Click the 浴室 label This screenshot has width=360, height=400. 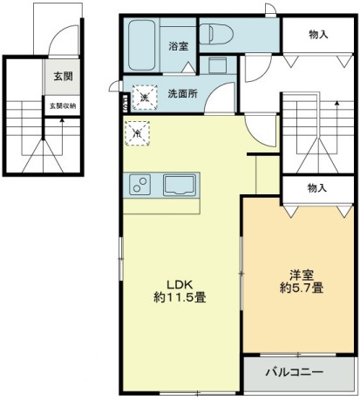(177, 45)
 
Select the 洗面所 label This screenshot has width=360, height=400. (183, 92)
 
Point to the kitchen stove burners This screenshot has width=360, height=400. (139, 185)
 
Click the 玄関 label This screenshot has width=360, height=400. (62, 76)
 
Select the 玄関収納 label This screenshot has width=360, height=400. (62, 105)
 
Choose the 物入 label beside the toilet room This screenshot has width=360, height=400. (318, 35)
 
